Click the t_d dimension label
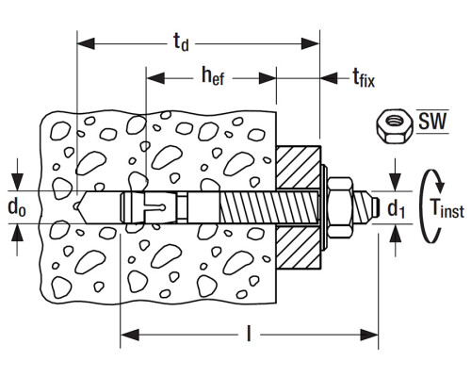click(x=181, y=42)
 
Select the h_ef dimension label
click(x=213, y=76)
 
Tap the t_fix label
click(x=364, y=77)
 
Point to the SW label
click(x=432, y=122)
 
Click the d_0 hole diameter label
click(x=17, y=207)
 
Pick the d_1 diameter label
click(x=396, y=209)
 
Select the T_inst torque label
click(x=447, y=208)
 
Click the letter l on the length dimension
click(x=249, y=334)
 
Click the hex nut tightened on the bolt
click(x=341, y=206)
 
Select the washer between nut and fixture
click(x=325, y=206)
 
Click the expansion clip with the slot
click(x=148, y=207)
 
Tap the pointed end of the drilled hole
click(x=77, y=206)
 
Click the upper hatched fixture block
click(x=299, y=167)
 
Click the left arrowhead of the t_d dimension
click(x=86, y=43)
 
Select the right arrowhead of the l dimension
click(x=369, y=335)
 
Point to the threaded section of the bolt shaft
click(x=269, y=207)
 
